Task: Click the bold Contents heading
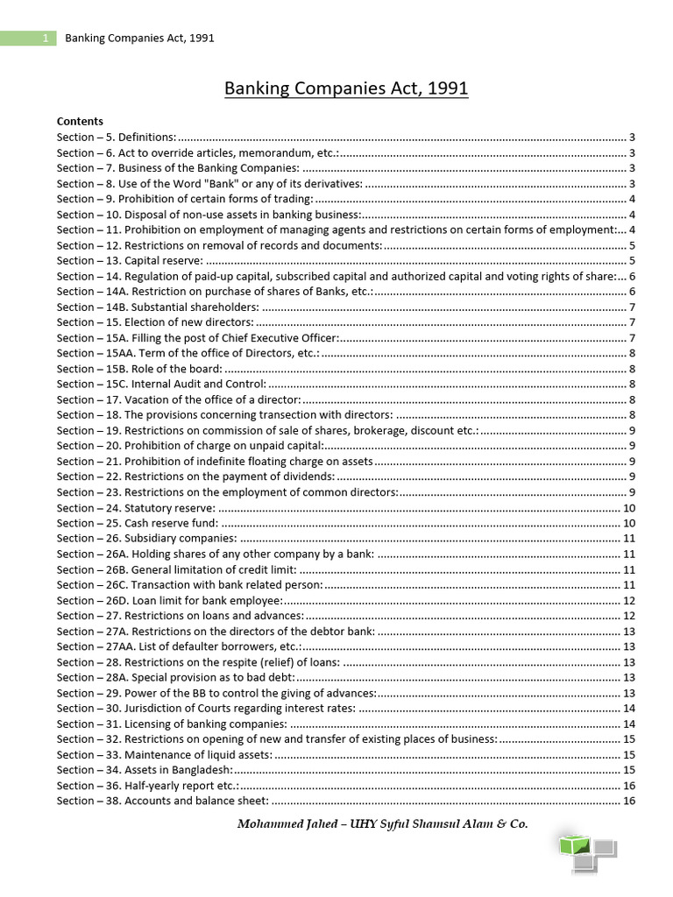(x=80, y=121)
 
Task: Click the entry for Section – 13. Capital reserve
(x=130, y=260)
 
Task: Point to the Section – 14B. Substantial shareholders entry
(x=158, y=307)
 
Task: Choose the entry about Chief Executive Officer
(x=197, y=337)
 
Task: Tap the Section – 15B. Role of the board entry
(x=139, y=369)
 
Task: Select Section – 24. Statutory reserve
(x=136, y=508)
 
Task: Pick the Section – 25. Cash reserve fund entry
(x=138, y=523)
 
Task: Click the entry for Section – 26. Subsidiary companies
(x=146, y=539)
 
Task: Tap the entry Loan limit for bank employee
(x=168, y=600)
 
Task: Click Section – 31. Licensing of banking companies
(x=172, y=724)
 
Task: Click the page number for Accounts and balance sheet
(x=628, y=801)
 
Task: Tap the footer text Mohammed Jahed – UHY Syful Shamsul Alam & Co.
(x=382, y=823)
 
